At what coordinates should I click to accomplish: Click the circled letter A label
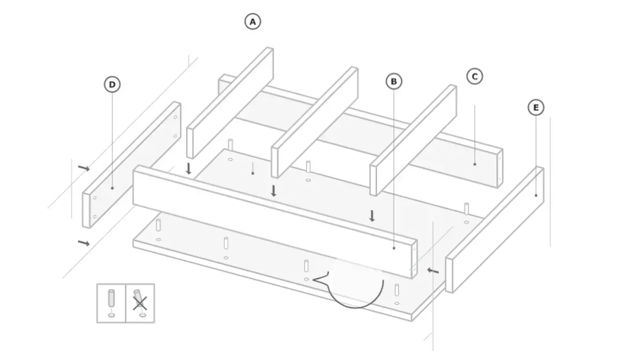(253, 21)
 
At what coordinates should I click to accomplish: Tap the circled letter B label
(394, 82)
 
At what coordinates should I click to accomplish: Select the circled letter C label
(475, 77)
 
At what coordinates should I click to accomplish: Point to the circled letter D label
(112, 84)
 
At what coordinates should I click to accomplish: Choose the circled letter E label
(535, 107)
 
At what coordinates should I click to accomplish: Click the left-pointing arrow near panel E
(433, 270)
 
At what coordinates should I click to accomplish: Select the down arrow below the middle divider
(274, 191)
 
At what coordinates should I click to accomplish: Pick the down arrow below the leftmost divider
(188, 169)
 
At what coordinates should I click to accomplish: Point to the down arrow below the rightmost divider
(372, 215)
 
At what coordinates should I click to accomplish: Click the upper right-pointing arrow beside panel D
(84, 168)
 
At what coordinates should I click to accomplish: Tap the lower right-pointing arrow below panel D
(84, 243)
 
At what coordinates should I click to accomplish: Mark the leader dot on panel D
(112, 188)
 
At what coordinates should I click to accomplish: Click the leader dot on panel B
(394, 249)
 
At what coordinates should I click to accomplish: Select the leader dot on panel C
(475, 164)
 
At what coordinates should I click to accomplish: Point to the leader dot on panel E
(535, 195)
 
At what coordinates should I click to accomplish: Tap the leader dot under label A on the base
(253, 173)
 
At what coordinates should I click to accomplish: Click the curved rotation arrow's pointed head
(314, 279)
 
